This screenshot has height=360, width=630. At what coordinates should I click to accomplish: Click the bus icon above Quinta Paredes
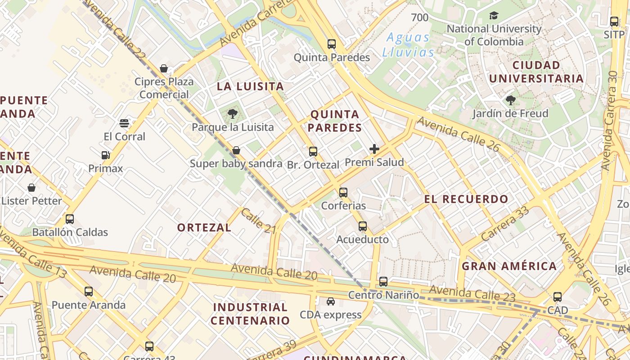click(332, 44)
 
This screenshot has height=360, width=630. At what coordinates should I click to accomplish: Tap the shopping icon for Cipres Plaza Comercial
click(164, 68)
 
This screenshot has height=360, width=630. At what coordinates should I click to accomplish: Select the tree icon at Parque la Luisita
click(233, 114)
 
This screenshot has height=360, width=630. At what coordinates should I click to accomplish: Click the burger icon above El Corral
click(124, 123)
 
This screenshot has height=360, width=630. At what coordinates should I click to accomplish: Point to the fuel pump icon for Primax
click(106, 155)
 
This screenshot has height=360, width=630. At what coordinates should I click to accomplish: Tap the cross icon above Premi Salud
click(374, 149)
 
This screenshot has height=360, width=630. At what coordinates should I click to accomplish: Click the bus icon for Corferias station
click(343, 193)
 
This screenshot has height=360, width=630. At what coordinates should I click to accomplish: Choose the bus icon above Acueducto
click(363, 226)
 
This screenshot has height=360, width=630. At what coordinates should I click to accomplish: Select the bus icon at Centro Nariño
click(383, 282)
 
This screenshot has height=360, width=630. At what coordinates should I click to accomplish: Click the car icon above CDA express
click(331, 301)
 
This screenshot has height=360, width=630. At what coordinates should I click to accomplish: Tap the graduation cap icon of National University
click(494, 16)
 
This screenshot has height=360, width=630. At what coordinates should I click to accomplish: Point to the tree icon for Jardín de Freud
click(510, 100)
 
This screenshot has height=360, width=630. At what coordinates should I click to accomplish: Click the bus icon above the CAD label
click(558, 297)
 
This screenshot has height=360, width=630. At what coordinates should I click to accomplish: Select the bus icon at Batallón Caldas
click(70, 219)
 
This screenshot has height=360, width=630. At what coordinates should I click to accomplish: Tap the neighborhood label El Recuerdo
click(466, 199)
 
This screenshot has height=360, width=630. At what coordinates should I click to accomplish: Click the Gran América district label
click(509, 266)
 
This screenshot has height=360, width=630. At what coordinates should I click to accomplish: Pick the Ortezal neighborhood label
click(204, 228)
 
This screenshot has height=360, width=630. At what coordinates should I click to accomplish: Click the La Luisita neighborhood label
click(251, 86)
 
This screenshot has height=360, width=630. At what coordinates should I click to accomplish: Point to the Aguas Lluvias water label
click(408, 45)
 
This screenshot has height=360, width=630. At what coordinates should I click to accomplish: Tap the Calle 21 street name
click(258, 221)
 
